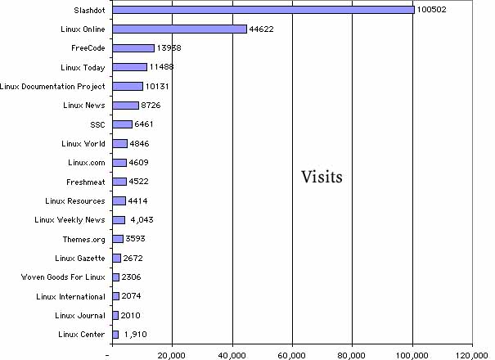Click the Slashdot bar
262,10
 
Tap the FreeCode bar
133,48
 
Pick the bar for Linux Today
129,67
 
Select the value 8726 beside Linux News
155,106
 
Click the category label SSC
97,124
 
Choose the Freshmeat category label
85,182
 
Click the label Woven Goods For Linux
63,277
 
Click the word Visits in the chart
321,176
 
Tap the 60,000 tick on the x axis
292,355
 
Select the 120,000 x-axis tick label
472,355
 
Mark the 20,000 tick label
172,355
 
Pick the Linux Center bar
115,334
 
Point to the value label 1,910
137,334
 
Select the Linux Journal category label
80,315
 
